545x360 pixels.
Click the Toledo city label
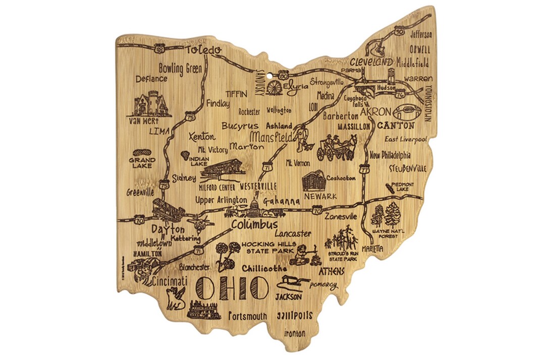coord(203,50)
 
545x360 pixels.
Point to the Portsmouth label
coord(247,316)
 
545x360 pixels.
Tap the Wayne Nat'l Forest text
coord(387,233)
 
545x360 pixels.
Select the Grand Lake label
coord(142,163)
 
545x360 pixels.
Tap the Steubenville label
coord(407,168)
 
